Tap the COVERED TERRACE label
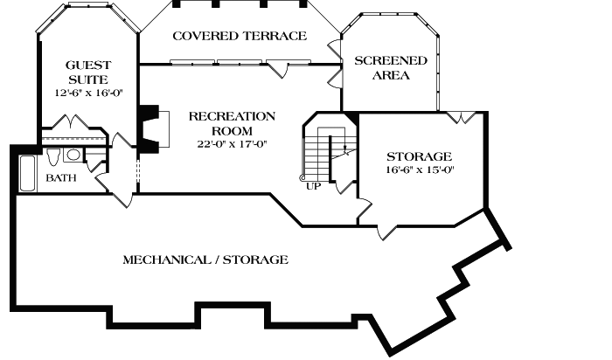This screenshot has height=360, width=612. coord(239,36)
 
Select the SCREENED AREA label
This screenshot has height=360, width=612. coord(390,68)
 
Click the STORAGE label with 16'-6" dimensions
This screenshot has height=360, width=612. coord(420,156)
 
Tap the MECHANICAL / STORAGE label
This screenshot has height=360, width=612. coord(205,260)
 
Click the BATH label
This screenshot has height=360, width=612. coord(61,177)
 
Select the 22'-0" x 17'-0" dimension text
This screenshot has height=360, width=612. coord(232,144)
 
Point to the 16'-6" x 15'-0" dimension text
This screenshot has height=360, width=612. coord(420,170)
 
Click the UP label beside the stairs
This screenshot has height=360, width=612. coord(312,185)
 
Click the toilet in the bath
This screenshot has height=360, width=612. coord(54,156)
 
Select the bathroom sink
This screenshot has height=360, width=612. coord(73,156)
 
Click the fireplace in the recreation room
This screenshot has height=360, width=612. coord(150,128)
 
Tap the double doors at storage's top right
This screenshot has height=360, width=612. coord(462,116)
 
